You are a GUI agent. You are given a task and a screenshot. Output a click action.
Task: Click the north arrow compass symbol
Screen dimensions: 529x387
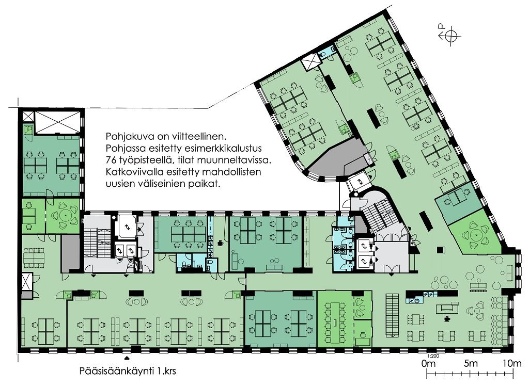[450, 35]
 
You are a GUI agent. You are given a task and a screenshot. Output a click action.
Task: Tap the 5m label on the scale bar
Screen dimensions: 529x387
[471, 363]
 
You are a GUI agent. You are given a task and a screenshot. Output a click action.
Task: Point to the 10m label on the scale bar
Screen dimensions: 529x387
[512, 363]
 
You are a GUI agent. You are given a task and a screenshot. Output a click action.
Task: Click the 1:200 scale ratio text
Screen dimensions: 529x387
[433, 356]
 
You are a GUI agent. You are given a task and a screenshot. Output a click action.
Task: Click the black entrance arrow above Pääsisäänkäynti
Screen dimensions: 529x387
[127, 357]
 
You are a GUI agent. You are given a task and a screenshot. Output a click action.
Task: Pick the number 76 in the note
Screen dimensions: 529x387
[111, 160]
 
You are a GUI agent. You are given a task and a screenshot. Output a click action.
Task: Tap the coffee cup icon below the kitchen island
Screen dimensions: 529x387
[447, 317]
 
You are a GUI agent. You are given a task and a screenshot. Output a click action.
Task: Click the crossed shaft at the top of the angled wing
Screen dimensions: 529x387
[310, 62]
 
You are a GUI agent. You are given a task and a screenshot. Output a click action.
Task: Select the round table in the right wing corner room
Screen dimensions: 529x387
[476, 234]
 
